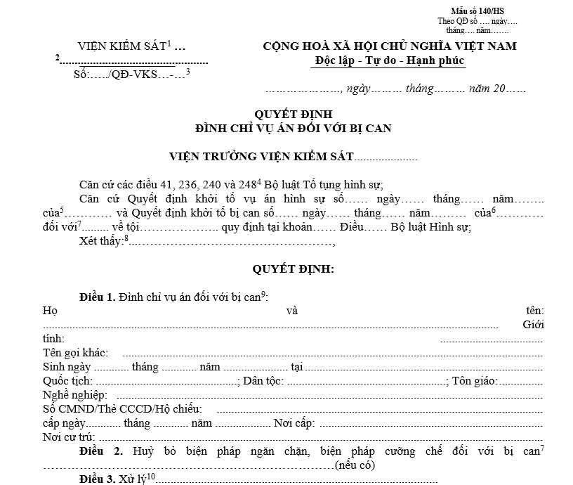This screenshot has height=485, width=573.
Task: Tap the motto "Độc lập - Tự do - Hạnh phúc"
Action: (390, 61)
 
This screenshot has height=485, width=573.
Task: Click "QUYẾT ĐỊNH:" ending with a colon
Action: (293, 269)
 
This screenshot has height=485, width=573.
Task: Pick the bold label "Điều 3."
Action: (98, 479)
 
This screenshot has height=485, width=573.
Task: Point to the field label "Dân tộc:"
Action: (263, 381)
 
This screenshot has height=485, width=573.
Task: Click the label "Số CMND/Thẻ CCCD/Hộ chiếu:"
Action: (122, 409)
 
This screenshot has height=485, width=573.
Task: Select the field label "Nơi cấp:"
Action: (295, 423)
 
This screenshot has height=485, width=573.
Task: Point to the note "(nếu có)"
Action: (355, 465)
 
